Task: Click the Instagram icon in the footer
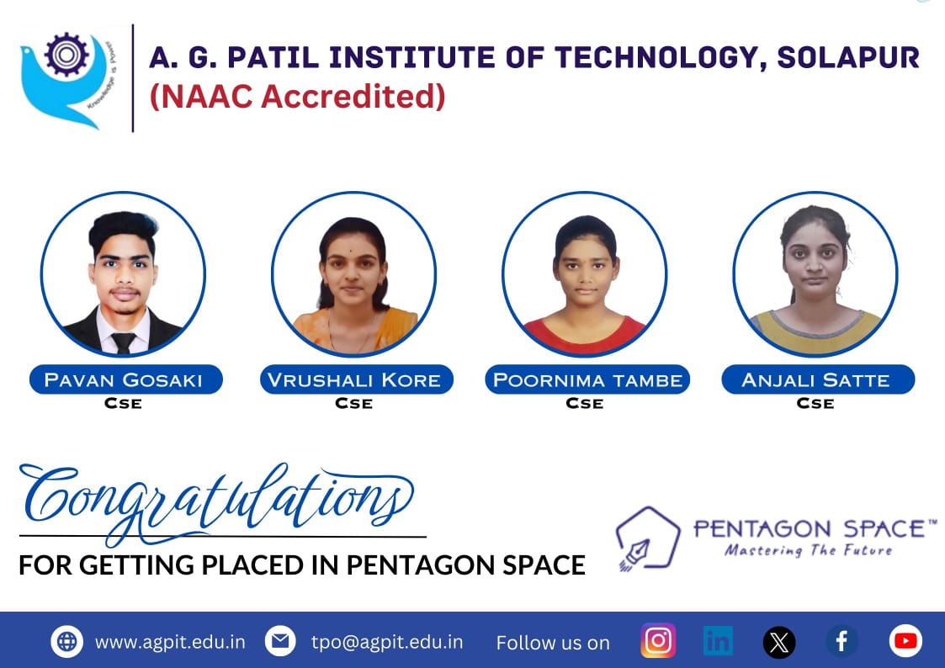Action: [x=658, y=640]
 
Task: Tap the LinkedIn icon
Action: [x=718, y=640]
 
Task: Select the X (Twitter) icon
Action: [x=779, y=642]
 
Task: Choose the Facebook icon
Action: [x=842, y=641]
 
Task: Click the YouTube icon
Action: [x=905, y=641]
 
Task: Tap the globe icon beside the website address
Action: [x=66, y=641]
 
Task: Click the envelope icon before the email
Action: [x=280, y=641]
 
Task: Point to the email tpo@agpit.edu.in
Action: [x=387, y=642]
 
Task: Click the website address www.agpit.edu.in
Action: [x=170, y=642]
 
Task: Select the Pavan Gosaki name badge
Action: [x=126, y=379]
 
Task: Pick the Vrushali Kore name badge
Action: [x=356, y=379]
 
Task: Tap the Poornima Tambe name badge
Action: [x=587, y=379]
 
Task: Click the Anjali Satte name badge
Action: [x=818, y=379]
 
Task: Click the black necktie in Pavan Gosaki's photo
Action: [x=124, y=342]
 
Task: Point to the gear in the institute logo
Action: [x=66, y=54]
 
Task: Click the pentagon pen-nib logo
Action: [x=647, y=538]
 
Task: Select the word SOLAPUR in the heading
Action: [x=848, y=58]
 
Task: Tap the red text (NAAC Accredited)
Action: [x=297, y=97]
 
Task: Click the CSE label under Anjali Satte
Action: [x=815, y=404]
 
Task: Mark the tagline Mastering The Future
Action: [x=808, y=550]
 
